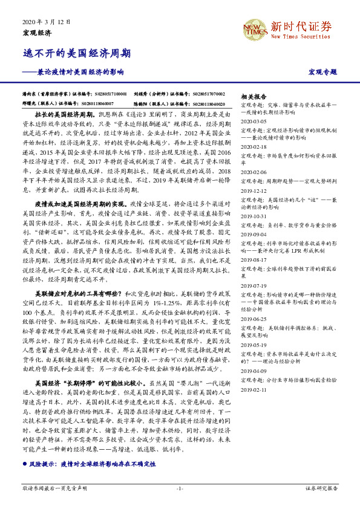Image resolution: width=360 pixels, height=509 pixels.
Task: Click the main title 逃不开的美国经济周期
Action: pos(76,53)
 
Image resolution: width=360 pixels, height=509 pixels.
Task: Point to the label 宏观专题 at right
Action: pos(322,73)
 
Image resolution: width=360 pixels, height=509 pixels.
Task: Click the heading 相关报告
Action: pos(254,97)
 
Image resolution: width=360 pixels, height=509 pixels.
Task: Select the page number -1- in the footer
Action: pos(180,487)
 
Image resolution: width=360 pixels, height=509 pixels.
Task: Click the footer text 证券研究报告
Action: pos(321,487)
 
